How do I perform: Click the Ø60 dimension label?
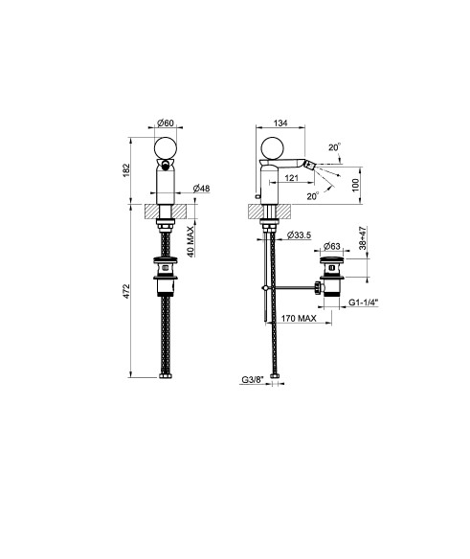click(165, 123)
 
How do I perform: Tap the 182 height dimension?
click(127, 171)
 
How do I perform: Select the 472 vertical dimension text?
click(127, 291)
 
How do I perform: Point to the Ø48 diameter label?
click(201, 189)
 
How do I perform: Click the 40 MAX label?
click(190, 241)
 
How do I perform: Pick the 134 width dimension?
click(280, 123)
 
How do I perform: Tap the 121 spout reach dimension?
click(292, 177)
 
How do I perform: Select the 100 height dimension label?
click(356, 185)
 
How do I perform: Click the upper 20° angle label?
click(334, 147)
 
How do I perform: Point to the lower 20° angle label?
click(313, 196)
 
